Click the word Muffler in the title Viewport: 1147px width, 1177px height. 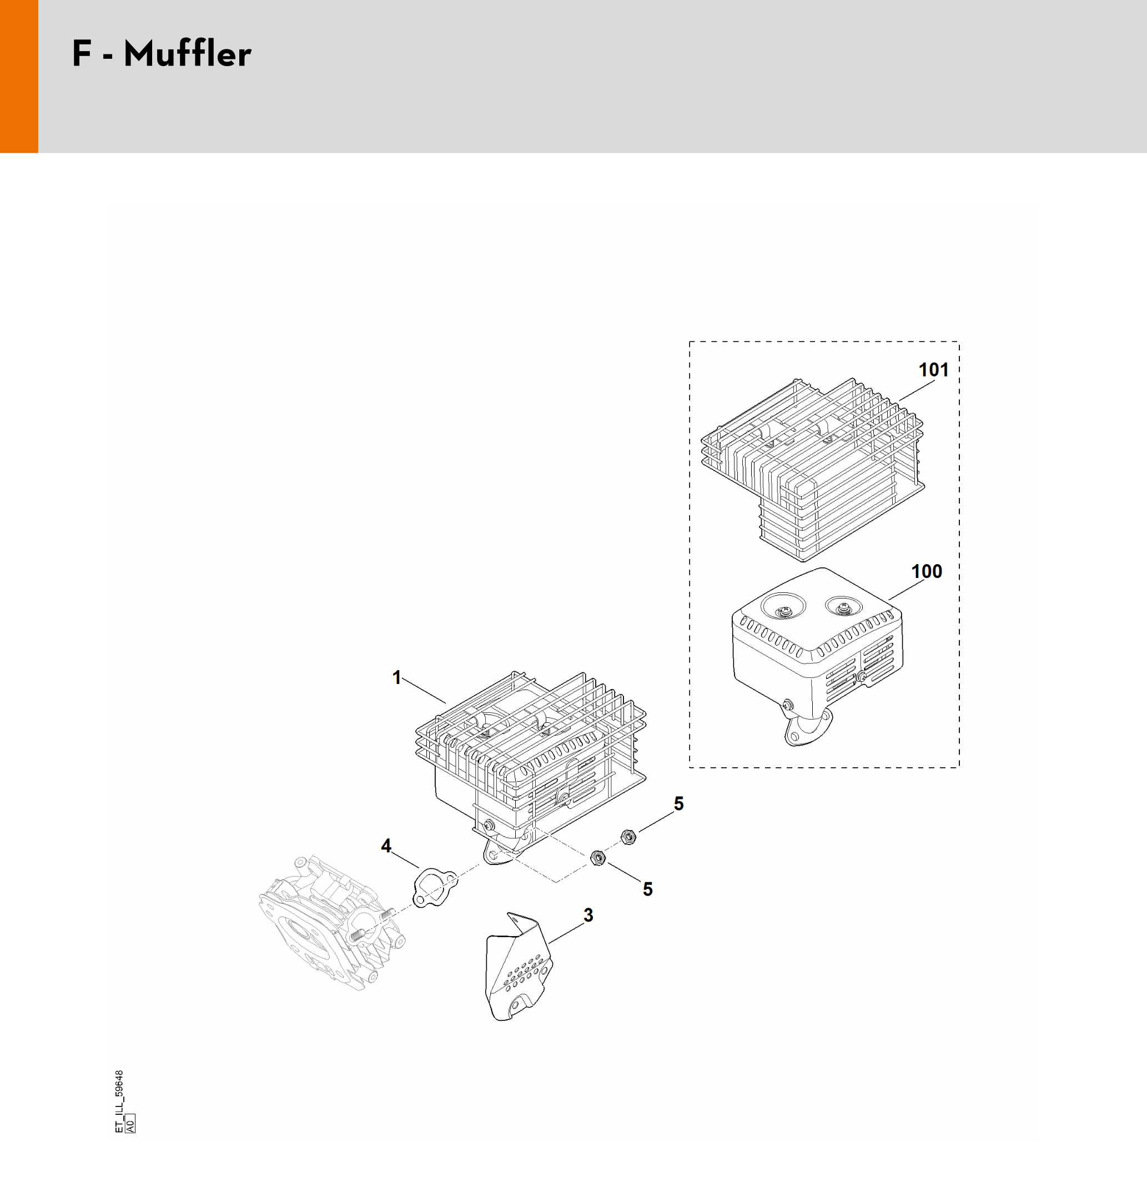coord(187,54)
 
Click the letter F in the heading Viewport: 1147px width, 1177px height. coord(81,54)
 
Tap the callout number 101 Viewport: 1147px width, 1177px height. coord(933,369)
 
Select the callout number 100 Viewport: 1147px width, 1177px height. coord(927,571)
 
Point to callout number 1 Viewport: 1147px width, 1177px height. coord(396,678)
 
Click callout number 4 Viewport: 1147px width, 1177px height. coord(386,846)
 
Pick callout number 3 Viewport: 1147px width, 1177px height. coord(588,915)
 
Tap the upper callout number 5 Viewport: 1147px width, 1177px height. coord(678,803)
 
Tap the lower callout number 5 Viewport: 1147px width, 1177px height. coord(647,889)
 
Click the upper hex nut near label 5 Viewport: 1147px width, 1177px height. coord(628,837)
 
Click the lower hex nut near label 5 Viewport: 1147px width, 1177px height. coord(597,857)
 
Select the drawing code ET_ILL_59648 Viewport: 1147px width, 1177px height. coord(119,1101)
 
